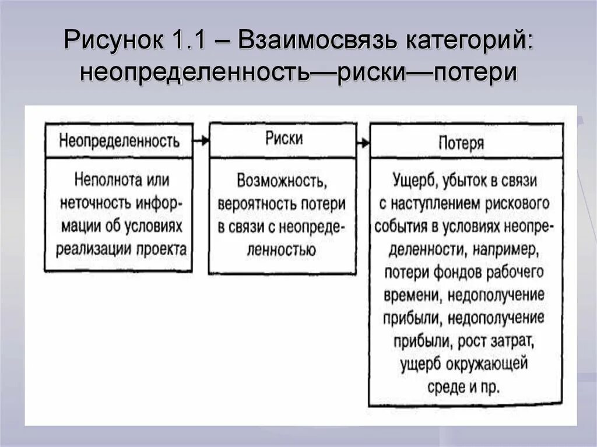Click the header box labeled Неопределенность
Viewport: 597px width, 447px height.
point(118,142)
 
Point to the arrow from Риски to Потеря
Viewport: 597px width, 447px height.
point(363,142)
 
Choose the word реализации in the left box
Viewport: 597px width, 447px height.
point(93,249)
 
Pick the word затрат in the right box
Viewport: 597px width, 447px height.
point(509,339)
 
